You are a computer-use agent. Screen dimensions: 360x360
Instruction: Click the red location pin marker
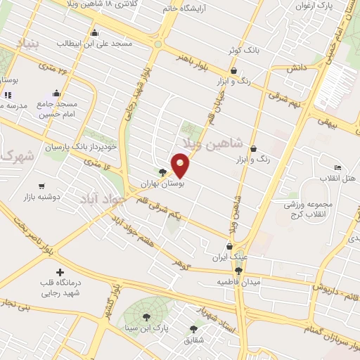(181, 165)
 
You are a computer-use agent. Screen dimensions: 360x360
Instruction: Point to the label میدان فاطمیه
(238, 281)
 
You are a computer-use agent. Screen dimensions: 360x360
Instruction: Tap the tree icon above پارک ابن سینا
(146, 317)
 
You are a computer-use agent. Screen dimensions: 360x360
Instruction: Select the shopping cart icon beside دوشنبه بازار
(41, 186)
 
